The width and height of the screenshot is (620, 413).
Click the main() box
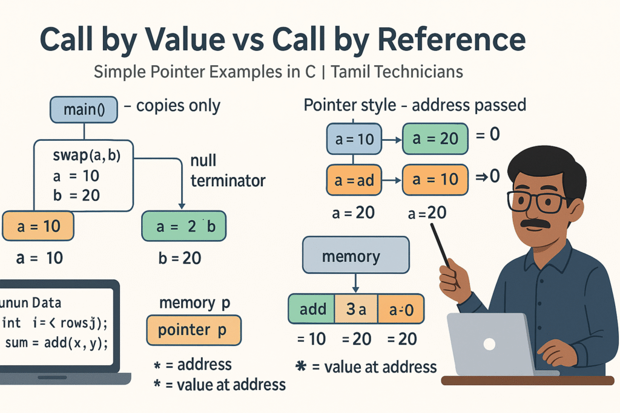[x=84, y=109]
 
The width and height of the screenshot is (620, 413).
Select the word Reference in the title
[x=452, y=39]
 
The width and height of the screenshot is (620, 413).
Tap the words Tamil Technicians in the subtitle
[x=397, y=72]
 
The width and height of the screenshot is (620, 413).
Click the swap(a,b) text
[x=87, y=155]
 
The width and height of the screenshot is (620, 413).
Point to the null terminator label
[x=228, y=171]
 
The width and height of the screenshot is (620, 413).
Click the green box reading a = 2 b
[x=184, y=226]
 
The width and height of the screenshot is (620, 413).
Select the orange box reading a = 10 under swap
[x=38, y=226]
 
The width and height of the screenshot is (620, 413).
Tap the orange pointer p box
[x=194, y=330]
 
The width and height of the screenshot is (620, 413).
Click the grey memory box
[x=355, y=255]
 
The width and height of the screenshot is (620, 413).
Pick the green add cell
[x=312, y=309]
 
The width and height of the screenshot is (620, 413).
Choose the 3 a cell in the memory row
[x=356, y=309]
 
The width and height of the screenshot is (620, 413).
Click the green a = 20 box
[x=435, y=138]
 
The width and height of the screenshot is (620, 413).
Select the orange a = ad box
[x=354, y=180]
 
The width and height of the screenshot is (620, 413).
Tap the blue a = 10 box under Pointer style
[x=354, y=138]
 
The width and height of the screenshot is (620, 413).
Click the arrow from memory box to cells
[x=355, y=283]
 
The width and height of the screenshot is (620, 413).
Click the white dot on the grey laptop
[x=489, y=344]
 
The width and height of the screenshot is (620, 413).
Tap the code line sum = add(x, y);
[x=56, y=343]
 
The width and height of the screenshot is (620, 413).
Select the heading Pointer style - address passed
[x=415, y=105]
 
